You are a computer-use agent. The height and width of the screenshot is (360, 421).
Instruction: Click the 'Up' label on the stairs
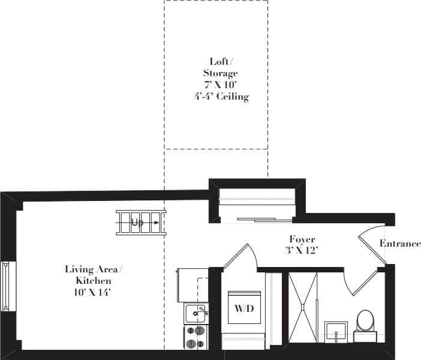[137, 223]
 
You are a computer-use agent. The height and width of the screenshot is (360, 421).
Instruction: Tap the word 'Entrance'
[400, 244]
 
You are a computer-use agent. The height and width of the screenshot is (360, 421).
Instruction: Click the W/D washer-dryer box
[243, 310]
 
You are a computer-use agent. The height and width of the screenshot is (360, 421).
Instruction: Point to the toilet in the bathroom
[365, 321]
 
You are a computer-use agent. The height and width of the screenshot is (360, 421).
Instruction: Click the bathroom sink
[336, 331]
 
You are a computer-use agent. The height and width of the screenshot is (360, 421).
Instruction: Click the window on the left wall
[5, 286]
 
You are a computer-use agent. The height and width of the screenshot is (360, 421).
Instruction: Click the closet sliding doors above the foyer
[258, 219]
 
